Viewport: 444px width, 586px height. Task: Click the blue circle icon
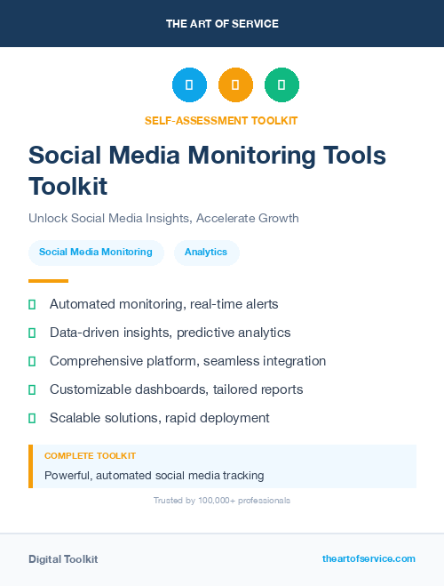(x=189, y=85)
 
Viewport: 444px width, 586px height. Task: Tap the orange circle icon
(x=235, y=85)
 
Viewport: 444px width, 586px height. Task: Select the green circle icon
(x=281, y=85)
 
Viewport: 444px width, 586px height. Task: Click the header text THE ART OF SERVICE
(x=222, y=24)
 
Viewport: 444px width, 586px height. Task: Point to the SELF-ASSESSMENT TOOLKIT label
(x=221, y=120)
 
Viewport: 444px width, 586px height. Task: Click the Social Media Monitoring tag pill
(x=96, y=253)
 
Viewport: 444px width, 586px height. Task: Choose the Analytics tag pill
(x=206, y=253)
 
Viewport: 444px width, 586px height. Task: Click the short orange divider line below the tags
(x=48, y=281)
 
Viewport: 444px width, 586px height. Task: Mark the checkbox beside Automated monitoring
(x=32, y=304)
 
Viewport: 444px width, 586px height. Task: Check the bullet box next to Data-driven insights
(x=32, y=333)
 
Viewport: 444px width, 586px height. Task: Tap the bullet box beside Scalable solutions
(x=32, y=418)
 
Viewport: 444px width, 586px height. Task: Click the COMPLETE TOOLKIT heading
(x=91, y=456)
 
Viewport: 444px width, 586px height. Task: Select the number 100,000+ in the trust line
(x=213, y=501)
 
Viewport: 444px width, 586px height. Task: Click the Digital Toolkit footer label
(x=63, y=559)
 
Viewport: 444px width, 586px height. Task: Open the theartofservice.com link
(x=369, y=558)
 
